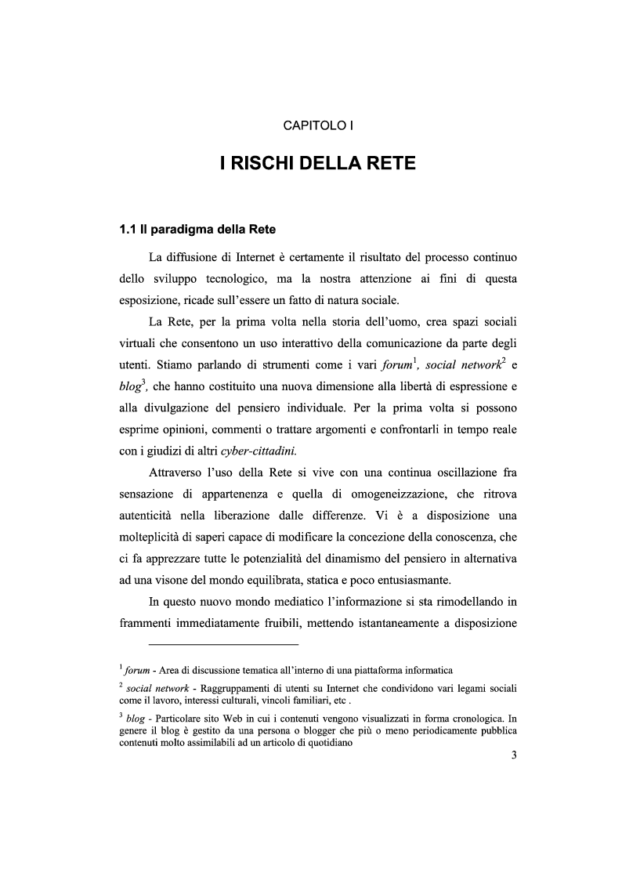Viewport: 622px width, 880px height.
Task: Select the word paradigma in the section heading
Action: pyautogui.click(x=179, y=230)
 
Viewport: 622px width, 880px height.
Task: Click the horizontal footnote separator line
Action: pyautogui.click(x=224, y=645)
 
